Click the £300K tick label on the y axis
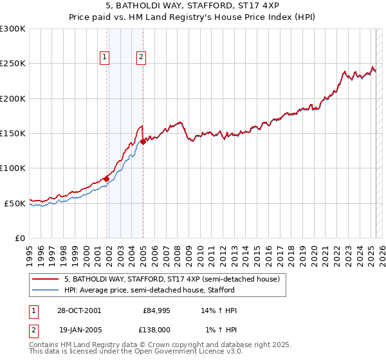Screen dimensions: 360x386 [13, 29]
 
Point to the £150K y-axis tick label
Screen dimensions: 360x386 [13, 134]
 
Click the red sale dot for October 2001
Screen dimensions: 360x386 [107, 179]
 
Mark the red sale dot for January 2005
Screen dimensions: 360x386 [143, 141]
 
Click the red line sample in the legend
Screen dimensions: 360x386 [45, 280]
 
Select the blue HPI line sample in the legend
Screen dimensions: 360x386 [45, 290]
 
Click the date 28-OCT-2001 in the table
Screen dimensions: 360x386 [78, 310]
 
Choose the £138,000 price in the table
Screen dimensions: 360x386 [156, 329]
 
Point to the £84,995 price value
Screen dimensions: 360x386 [156, 310]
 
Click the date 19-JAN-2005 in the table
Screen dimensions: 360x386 [78, 329]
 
